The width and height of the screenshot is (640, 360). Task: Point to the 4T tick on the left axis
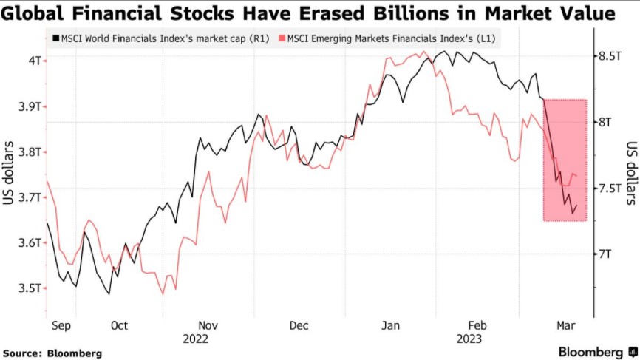coord(34,60)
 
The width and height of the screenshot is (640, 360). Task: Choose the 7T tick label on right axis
coord(606,254)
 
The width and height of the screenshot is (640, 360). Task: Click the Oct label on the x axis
coord(119,325)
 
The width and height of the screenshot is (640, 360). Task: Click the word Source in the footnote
coord(22,353)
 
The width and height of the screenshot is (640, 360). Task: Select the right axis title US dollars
coord(630,172)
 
